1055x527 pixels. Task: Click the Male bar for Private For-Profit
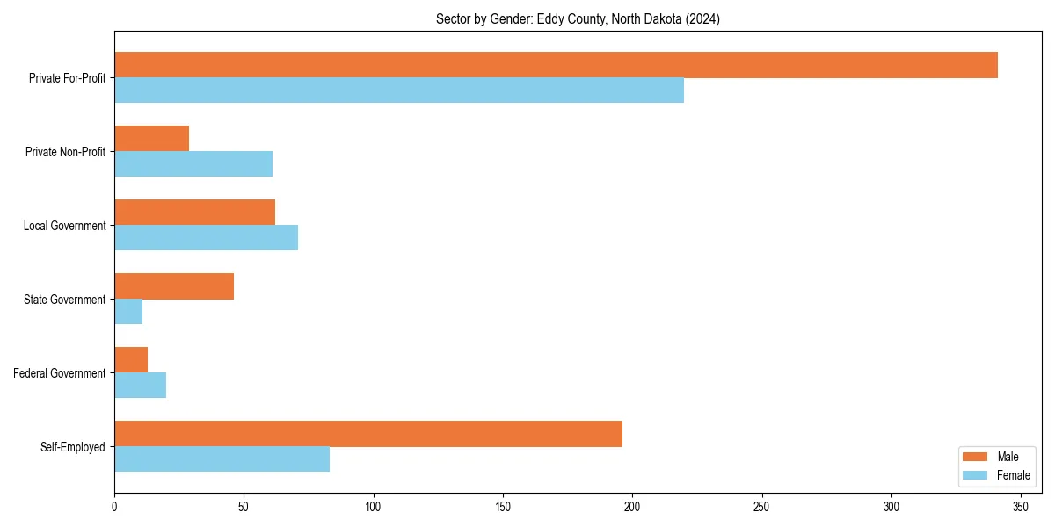coord(556,65)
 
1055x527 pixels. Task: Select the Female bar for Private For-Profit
coord(399,90)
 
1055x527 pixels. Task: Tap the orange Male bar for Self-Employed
coord(368,434)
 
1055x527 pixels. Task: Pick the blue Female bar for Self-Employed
coord(222,459)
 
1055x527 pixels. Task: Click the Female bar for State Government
coord(128,312)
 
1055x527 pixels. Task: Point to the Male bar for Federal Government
coord(131,360)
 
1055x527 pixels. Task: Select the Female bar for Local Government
coord(206,238)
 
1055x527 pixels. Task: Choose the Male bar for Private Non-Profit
coord(151,139)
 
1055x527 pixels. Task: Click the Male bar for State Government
coord(174,286)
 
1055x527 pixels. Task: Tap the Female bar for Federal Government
coord(140,386)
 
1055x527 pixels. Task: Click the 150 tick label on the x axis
coord(503,507)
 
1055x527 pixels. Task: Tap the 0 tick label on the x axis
coord(114,507)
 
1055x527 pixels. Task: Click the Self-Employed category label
coord(73,447)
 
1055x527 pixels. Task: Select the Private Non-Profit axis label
coord(65,152)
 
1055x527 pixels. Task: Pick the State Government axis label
coord(65,300)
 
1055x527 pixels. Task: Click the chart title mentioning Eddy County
coord(578,19)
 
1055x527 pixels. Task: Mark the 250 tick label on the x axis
coord(762,507)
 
